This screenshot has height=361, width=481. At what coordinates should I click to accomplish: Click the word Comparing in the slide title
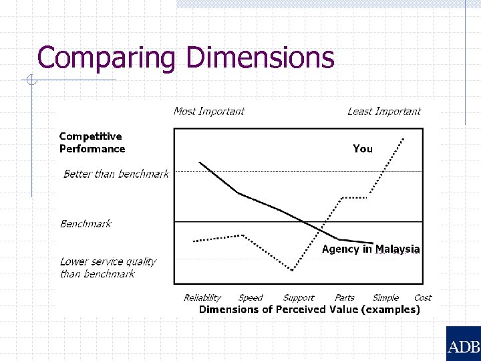click(x=106, y=57)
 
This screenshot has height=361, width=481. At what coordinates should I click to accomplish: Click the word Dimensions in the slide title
click(x=261, y=57)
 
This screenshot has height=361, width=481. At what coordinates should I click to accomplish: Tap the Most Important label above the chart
click(x=209, y=111)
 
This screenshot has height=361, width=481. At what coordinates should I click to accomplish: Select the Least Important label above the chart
click(x=384, y=111)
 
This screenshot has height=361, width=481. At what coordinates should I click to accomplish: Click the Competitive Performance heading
click(x=92, y=142)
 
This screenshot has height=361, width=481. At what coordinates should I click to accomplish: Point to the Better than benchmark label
click(x=116, y=174)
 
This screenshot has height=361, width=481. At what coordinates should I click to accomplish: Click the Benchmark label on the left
click(x=86, y=224)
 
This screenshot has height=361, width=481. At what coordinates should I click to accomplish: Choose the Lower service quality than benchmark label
click(x=108, y=267)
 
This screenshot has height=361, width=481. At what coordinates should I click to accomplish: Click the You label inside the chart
click(x=363, y=148)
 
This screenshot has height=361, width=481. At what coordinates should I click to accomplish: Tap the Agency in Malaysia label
click(x=371, y=249)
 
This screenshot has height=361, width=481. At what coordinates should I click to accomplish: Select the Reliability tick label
click(x=202, y=297)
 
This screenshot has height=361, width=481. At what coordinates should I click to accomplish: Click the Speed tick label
click(x=251, y=297)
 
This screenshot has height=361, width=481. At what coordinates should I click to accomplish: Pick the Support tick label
click(x=299, y=297)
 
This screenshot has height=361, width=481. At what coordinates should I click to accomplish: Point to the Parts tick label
click(x=345, y=297)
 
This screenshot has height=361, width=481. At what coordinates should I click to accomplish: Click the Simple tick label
click(x=385, y=297)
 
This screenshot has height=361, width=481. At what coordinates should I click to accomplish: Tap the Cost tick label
click(x=423, y=297)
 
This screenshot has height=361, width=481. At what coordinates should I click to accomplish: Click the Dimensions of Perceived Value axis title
click(x=309, y=309)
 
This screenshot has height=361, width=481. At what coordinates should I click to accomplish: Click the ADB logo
click(x=463, y=346)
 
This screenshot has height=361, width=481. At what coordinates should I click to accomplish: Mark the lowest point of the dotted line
click(x=293, y=270)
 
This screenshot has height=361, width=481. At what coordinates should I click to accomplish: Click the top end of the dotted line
click(x=404, y=138)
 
